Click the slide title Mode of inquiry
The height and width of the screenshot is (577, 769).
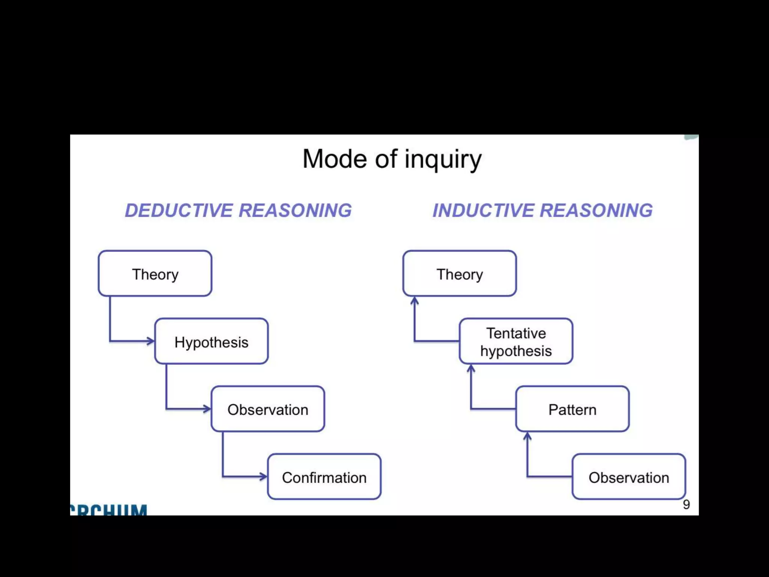pyautogui.click(x=392, y=159)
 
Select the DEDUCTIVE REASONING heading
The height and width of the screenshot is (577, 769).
pyautogui.click(x=238, y=210)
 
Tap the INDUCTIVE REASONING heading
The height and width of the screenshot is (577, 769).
pyautogui.click(x=543, y=210)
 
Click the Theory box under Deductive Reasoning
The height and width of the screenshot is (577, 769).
pyautogui.click(x=155, y=274)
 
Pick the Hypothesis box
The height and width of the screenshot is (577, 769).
pyautogui.click(x=211, y=341)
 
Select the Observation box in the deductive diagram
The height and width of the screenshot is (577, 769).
pyautogui.click(x=268, y=409)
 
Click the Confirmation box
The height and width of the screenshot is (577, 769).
pyautogui.click(x=324, y=477)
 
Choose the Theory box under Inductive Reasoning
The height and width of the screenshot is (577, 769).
pyautogui.click(x=460, y=274)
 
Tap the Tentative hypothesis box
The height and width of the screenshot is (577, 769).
pyautogui.click(x=516, y=341)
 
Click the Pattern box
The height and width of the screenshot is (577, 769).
pyautogui.click(x=572, y=409)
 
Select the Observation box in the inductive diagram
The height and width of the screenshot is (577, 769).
pyautogui.click(x=629, y=477)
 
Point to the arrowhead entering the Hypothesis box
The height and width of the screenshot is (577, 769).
pyautogui.click(x=151, y=341)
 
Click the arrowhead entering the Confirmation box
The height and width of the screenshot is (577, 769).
pyautogui.click(x=263, y=477)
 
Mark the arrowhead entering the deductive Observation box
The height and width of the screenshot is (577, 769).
pyautogui.click(x=207, y=409)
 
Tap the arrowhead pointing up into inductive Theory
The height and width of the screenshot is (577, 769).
pyautogui.click(x=415, y=301)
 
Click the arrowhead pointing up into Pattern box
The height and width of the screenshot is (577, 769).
pyautogui.click(x=528, y=436)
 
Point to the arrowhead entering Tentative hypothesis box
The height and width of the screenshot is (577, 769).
pyautogui.click(x=471, y=369)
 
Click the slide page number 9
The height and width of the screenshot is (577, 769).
pyautogui.click(x=686, y=504)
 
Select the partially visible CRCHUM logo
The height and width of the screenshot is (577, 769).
pyautogui.click(x=109, y=510)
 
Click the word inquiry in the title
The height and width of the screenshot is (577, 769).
pyautogui.click(x=443, y=160)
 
